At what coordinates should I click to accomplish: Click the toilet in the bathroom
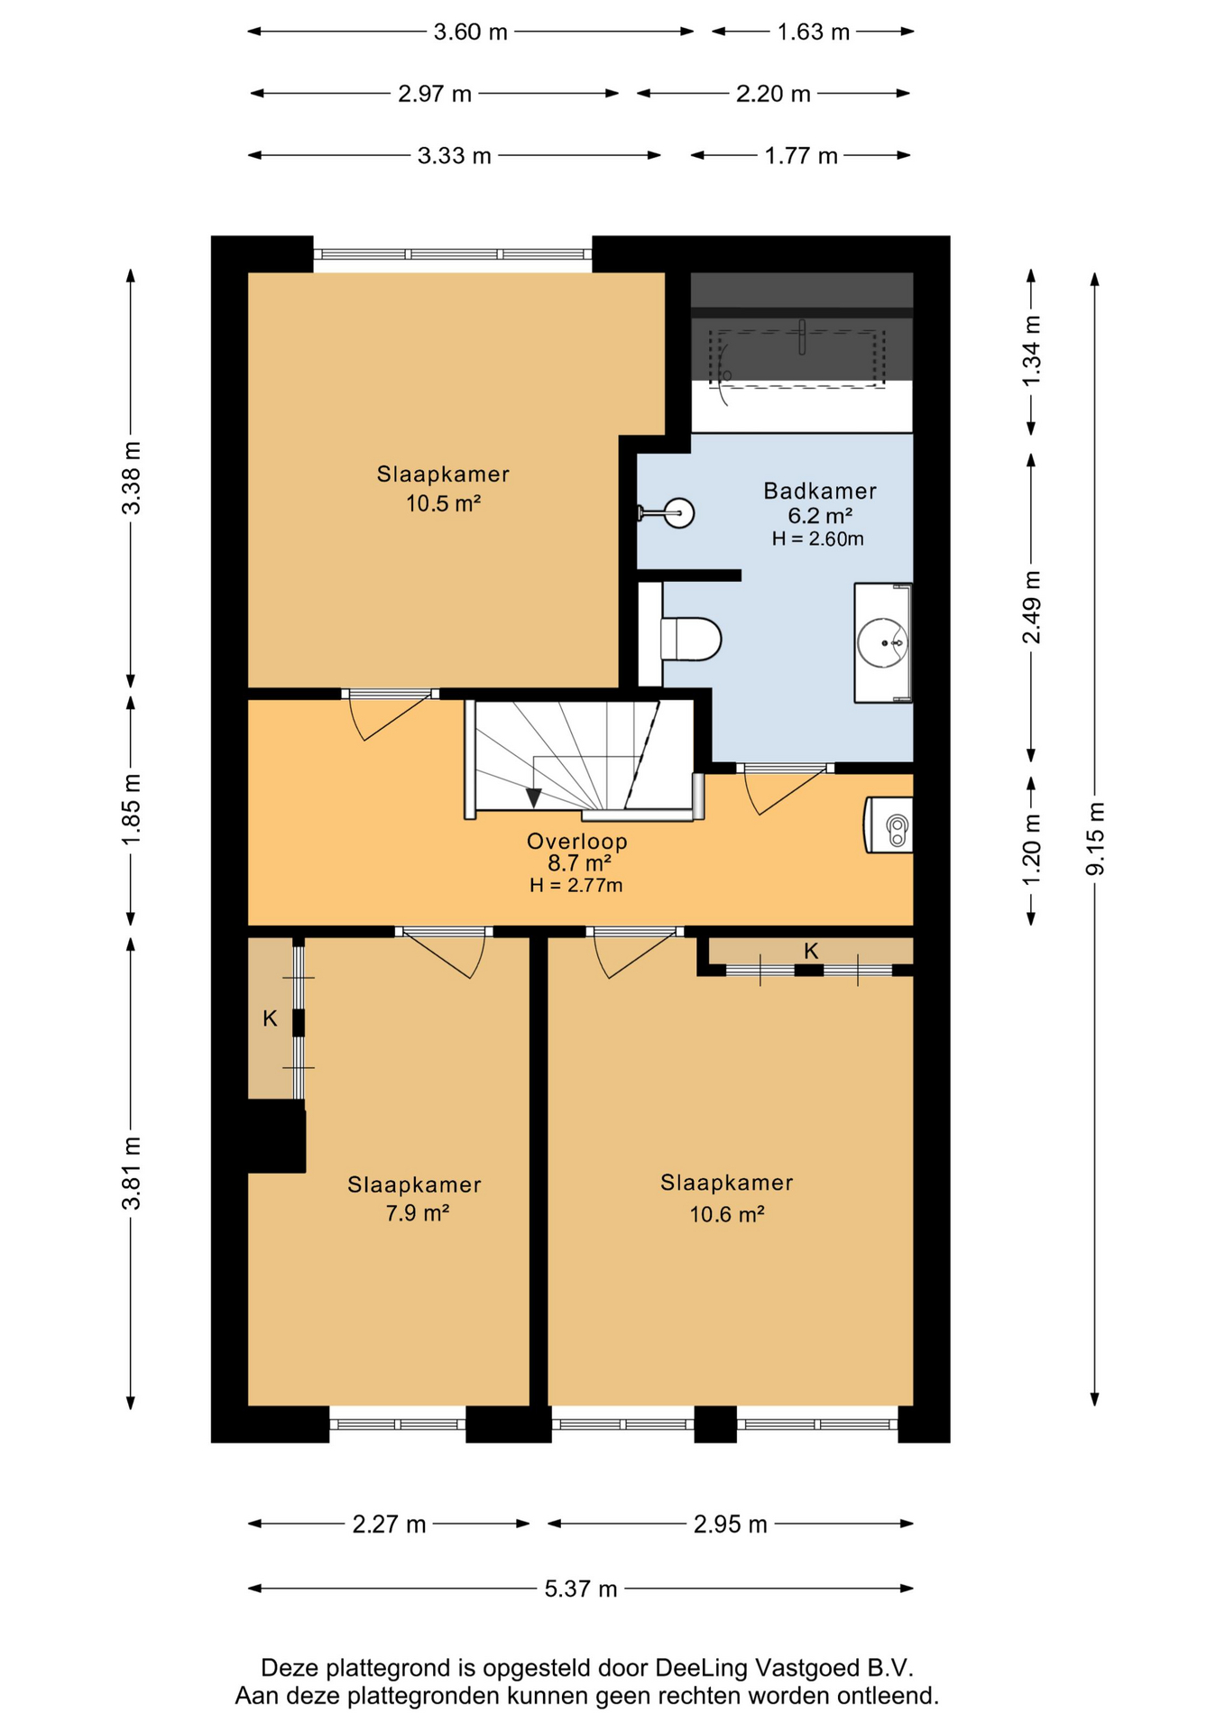[x=690, y=639]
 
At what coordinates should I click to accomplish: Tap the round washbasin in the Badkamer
[x=882, y=642]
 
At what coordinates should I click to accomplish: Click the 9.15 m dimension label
[x=1095, y=838]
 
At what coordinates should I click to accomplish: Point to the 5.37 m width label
[x=581, y=1589]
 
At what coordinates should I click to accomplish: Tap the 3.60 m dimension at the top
[x=471, y=32]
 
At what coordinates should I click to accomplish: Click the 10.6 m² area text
[x=727, y=1214]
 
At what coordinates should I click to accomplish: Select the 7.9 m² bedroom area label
[x=417, y=1213]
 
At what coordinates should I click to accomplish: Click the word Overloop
[x=577, y=841]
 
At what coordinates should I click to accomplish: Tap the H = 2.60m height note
[x=817, y=539]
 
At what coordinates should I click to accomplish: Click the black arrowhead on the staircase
[x=534, y=797]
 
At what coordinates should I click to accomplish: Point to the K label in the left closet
[x=270, y=1018]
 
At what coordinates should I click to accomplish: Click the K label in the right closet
[x=811, y=951]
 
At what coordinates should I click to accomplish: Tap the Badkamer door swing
[x=784, y=790]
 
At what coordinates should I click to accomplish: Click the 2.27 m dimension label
[x=389, y=1525]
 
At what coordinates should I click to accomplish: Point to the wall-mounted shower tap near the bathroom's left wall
[x=667, y=513]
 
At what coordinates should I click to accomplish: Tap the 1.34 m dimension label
[x=1032, y=351]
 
